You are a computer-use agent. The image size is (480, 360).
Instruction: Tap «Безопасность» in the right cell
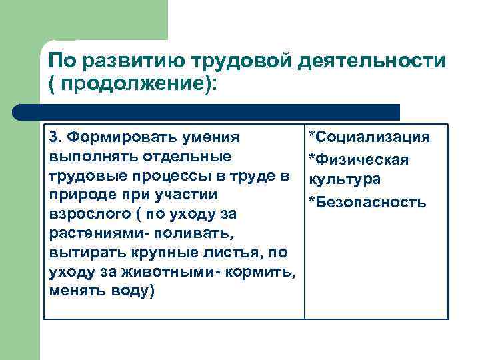tap(370, 201)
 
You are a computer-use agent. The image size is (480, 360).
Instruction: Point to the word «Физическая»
tap(367, 160)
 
